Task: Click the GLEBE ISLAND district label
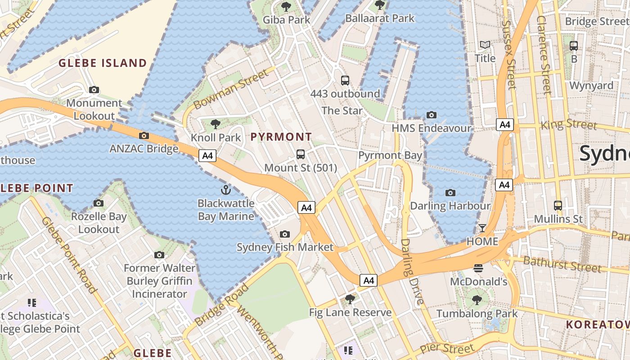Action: pos(103,63)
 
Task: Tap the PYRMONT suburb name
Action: pos(281,137)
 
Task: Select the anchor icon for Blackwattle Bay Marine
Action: pos(226,190)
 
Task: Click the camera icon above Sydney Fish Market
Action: pos(285,234)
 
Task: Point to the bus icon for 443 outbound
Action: pos(345,81)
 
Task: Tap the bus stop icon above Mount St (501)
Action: pos(301,154)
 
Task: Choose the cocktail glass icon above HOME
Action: pos(482,228)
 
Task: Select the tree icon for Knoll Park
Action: pos(216,124)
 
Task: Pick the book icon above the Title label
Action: pos(485,45)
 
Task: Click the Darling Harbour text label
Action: pos(450,206)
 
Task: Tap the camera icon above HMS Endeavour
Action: pos(432,115)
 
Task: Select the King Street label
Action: pos(569,124)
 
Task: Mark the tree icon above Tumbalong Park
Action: pos(477,300)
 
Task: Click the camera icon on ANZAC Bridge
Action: pos(144,135)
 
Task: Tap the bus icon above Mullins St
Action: pos(558,206)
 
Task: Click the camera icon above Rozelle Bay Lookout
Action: pos(99,203)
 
